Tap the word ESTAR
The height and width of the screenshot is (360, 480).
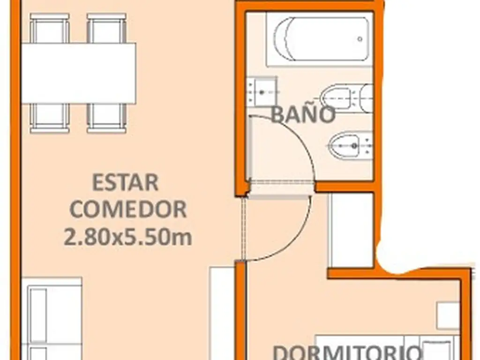pos(125,182)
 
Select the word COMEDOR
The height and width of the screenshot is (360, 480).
pos(128,210)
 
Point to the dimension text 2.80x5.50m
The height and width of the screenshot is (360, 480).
pos(127,236)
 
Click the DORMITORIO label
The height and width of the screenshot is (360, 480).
pos(346,352)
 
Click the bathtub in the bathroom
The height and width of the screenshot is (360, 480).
pos(319,39)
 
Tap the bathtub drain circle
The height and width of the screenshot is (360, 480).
pos(360,39)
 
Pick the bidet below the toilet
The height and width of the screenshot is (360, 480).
pos(351,145)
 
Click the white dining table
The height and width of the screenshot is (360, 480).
pos(79,74)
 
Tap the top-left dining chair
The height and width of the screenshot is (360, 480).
pos(50,28)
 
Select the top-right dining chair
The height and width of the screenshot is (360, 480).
pos(106,28)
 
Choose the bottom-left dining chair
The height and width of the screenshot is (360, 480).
pos(50,119)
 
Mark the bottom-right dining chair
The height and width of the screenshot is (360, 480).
pos(106,119)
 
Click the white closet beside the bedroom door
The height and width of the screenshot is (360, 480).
pos(351,230)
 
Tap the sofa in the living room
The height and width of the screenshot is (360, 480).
pos(52,318)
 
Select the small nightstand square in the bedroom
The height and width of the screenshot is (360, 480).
pos(448,315)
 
